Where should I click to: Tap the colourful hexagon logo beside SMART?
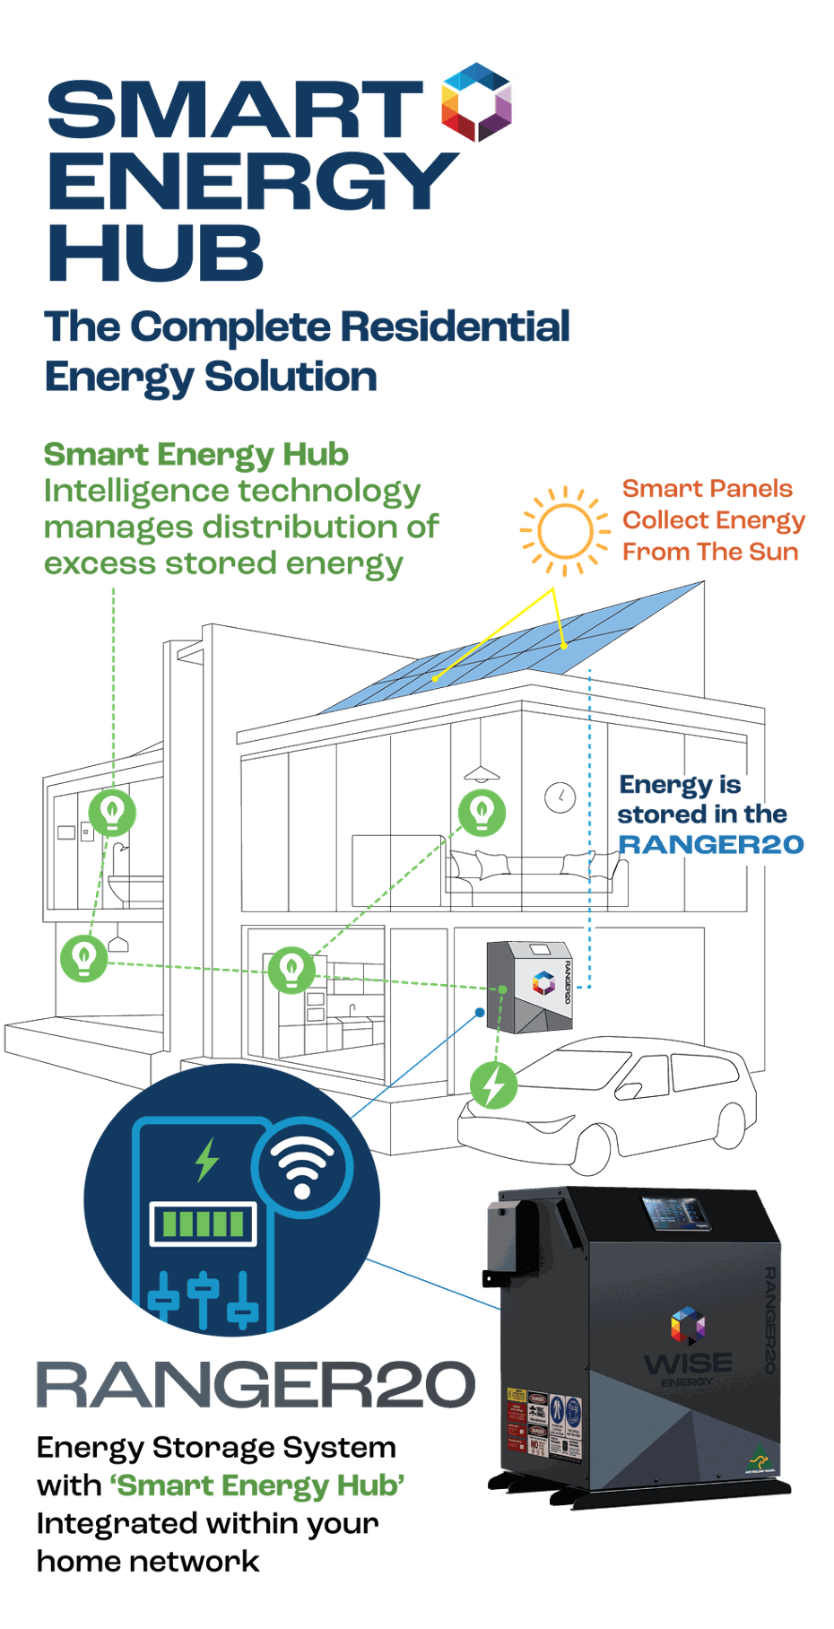tap(476, 101)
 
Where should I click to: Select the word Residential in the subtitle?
tap(456, 327)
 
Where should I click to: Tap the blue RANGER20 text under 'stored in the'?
tap(711, 844)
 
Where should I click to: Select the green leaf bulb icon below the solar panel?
tap(482, 812)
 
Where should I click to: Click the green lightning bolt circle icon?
tap(494, 1085)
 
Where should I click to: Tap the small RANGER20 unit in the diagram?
tap(531, 985)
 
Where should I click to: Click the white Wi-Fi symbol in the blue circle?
tap(302, 1167)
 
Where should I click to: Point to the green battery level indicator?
tap(203, 1224)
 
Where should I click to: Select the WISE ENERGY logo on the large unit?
tap(688, 1346)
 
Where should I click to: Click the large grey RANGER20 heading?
tap(256, 1384)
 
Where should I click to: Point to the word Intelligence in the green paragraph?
tap(135, 492)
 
